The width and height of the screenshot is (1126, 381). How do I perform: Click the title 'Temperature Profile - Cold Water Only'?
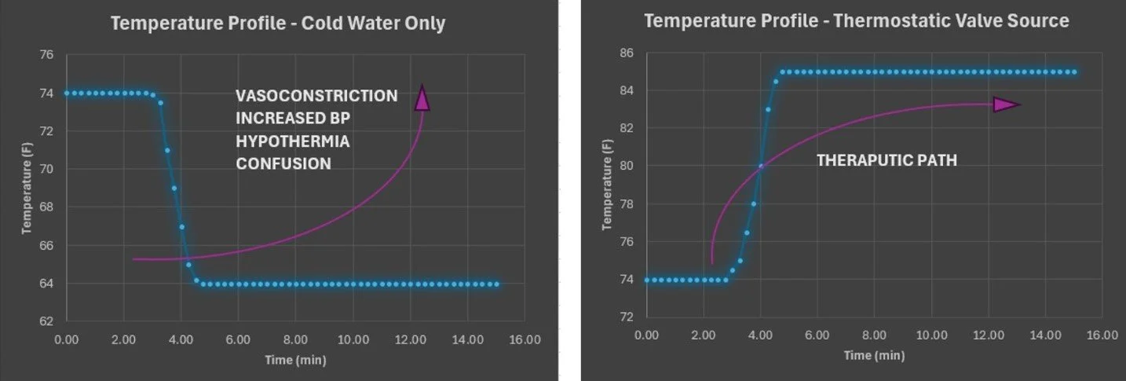point(278,24)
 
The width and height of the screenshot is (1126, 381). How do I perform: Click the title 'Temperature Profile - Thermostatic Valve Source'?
point(856,20)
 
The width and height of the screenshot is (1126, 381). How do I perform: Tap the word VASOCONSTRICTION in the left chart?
point(316,96)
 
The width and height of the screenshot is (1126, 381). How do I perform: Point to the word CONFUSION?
point(283,164)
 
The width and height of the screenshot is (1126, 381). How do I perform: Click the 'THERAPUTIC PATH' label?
point(887,160)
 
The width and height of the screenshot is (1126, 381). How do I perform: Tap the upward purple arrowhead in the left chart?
point(422,98)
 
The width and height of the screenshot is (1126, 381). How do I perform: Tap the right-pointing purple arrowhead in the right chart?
point(1006,104)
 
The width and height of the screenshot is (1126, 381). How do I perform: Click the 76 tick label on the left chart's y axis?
point(46,55)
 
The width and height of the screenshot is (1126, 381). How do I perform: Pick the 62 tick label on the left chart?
point(46,321)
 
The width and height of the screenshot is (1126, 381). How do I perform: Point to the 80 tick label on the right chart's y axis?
point(626,166)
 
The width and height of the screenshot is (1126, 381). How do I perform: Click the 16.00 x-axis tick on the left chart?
point(525,339)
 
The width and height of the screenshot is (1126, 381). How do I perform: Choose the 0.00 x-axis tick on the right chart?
point(646,335)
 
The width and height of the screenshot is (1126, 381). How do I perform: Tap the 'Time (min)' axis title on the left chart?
point(294,361)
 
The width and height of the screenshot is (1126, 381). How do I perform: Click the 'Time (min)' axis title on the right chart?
point(874,356)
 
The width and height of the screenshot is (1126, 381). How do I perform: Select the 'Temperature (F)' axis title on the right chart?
point(606,185)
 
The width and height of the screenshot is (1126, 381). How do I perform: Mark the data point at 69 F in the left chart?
point(174,189)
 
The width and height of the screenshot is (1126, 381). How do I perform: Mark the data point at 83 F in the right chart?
point(768,109)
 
